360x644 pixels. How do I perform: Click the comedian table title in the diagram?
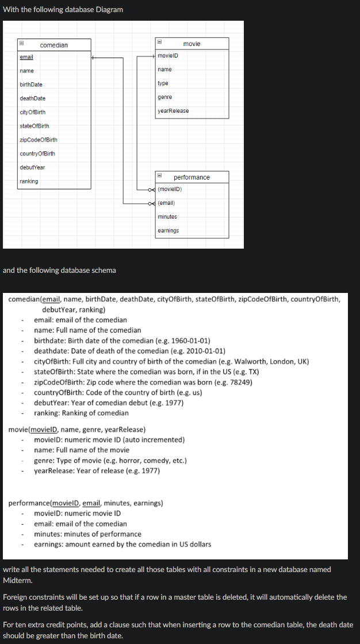[53, 45]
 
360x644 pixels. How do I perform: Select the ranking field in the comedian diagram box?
[29, 181]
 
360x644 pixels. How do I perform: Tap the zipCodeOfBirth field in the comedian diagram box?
[39, 140]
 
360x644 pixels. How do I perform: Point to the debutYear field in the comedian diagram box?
[32, 167]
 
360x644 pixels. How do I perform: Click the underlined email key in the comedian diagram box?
[26, 57]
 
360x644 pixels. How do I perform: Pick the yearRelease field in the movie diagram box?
[173, 110]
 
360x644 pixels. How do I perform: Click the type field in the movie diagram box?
[163, 83]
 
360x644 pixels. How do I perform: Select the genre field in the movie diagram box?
[164, 97]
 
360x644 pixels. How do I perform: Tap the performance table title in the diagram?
[192, 177]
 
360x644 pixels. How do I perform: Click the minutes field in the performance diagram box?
[167, 216]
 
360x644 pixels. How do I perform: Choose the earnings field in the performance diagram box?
[168, 231]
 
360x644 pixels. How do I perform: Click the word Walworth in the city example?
[243, 361]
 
